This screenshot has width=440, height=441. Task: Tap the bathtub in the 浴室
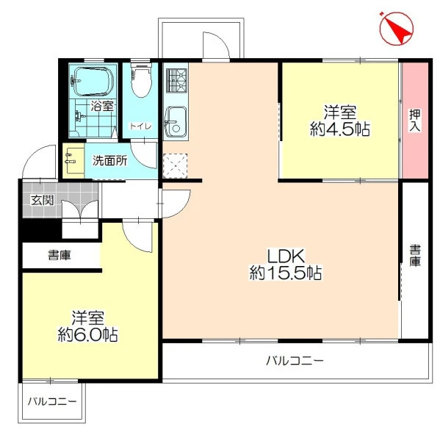pyautogui.click(x=93, y=81)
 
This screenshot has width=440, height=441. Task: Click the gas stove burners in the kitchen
pyautogui.click(x=176, y=81)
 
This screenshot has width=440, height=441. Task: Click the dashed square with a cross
pyautogui.click(x=175, y=166)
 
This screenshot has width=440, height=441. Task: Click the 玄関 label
pyautogui.click(x=43, y=200)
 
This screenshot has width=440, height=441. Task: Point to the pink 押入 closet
pyautogui.click(x=415, y=121)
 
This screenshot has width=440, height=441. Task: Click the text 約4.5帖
pyautogui.click(x=339, y=129)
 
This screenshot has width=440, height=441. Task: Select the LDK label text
pyautogui.click(x=286, y=256)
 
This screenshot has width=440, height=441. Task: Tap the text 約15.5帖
pyautogui.click(x=286, y=273)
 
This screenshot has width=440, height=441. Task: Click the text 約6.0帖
pyautogui.click(x=87, y=334)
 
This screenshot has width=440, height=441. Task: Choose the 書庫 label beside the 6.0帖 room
pyautogui.click(x=59, y=255)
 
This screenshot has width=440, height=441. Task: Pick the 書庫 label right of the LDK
pyautogui.click(x=415, y=255)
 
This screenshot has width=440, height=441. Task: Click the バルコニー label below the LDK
pyautogui.click(x=295, y=360)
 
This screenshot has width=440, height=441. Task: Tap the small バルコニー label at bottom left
pyautogui.click(x=52, y=401)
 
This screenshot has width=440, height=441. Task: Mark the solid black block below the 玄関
pyautogui.click(x=40, y=229)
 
